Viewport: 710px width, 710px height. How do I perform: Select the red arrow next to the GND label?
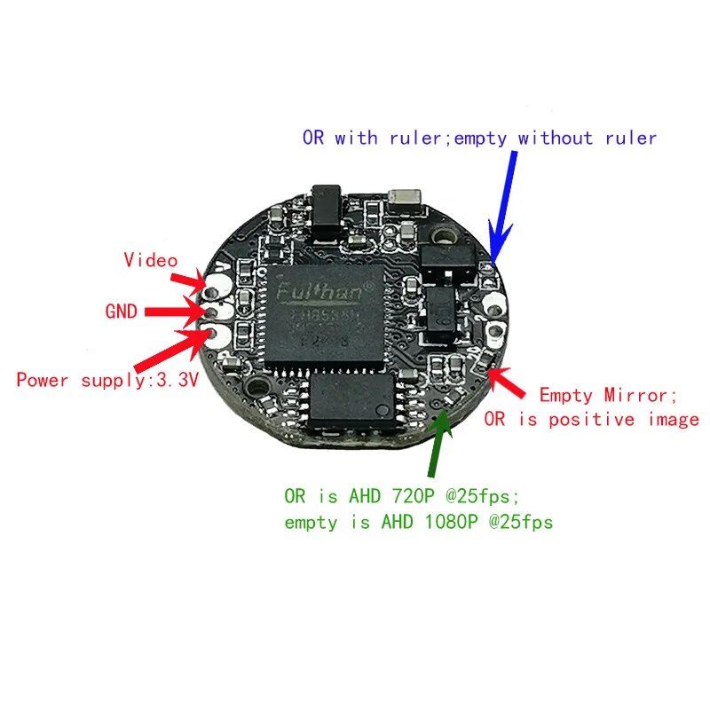[x=173, y=312]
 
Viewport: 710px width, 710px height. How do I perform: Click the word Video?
[x=150, y=260]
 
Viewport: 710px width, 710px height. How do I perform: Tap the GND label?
[x=121, y=312]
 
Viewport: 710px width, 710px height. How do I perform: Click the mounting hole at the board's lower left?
[x=258, y=387]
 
